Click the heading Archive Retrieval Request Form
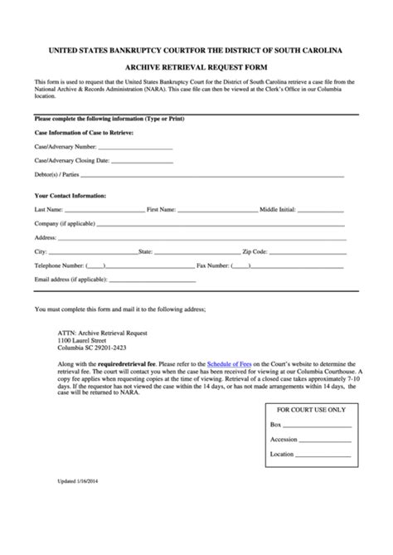tap(196, 70)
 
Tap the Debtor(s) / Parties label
tap(57, 175)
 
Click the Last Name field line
tap(104, 212)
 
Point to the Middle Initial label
tap(278, 210)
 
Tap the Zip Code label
tap(254, 251)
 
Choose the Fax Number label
tap(213, 265)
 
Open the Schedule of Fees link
tap(229, 363)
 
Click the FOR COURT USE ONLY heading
tap(312, 410)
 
